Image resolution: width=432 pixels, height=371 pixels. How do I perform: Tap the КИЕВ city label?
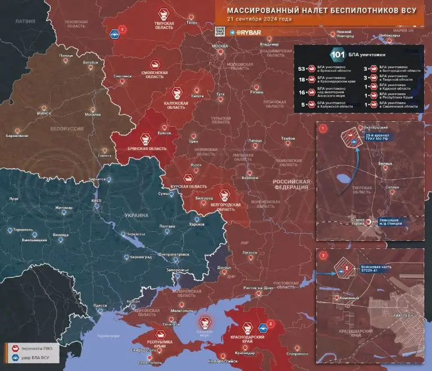(96, 200)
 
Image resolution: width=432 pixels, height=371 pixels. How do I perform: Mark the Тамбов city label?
(288, 138)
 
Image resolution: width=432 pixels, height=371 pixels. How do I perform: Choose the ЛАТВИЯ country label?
(25, 21)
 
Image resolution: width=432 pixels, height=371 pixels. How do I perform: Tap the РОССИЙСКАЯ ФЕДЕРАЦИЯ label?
(291, 186)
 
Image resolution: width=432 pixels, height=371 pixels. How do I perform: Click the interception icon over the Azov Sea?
(205, 322)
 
